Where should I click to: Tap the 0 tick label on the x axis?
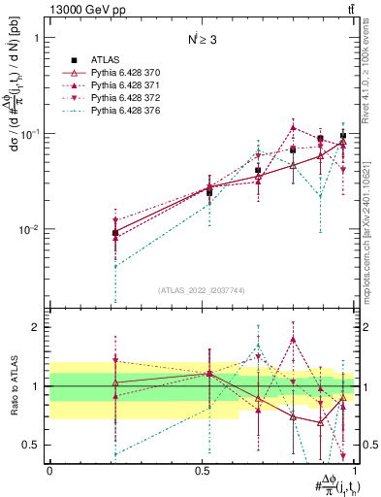[49, 470]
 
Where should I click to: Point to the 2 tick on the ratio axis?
[37, 327]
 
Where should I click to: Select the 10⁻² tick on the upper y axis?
[29, 230]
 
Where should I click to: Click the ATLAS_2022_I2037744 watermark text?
[203, 290]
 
